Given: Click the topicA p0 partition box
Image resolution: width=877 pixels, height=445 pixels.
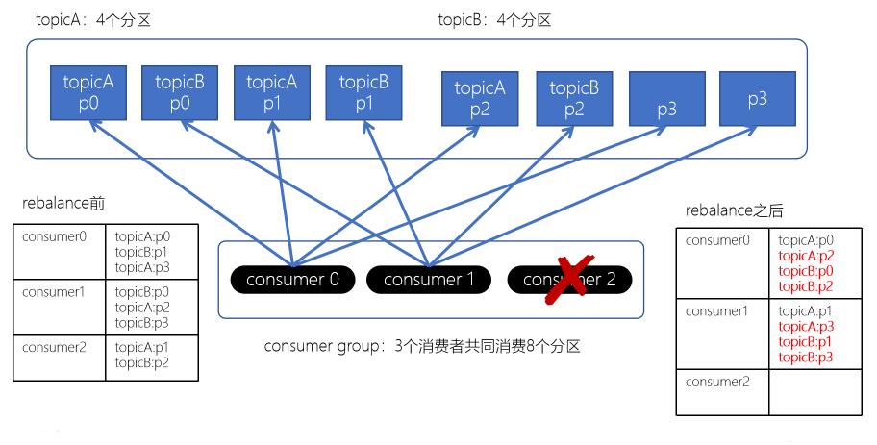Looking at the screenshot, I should [88, 93].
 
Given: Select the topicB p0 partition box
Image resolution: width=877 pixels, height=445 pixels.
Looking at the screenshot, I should [180, 93].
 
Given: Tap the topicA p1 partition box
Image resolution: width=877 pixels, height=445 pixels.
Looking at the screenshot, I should [272, 93].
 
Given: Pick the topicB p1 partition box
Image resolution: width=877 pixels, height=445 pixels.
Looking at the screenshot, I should [363, 93].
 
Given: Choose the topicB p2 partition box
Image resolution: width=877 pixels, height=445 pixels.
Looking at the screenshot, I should [574, 99].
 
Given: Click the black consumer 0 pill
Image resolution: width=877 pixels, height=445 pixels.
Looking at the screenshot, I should [292, 280].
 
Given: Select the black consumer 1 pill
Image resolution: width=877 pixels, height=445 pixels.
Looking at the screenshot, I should [429, 280].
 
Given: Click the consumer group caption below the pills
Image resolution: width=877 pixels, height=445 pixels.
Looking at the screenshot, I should [422, 346].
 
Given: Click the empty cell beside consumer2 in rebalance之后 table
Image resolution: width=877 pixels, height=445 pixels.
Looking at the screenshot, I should [814, 392].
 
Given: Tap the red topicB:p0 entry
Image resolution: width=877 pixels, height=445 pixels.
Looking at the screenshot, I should [806, 271].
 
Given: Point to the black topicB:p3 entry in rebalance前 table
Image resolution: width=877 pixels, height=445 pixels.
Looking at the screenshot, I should [142, 323].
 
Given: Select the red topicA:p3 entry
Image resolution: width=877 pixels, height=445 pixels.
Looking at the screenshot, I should [806, 327].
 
